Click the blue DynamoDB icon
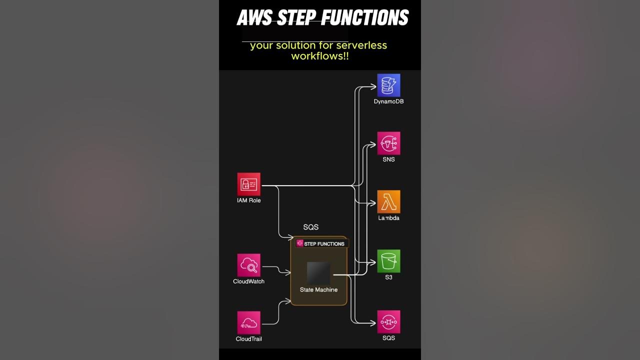click(388, 85)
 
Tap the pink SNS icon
click(388, 143)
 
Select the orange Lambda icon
click(388, 202)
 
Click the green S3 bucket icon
click(388, 261)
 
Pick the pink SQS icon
click(388, 322)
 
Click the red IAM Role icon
click(248, 184)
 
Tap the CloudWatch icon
click(248, 265)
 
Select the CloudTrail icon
click(248, 323)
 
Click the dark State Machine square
click(318, 273)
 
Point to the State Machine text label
click(318, 290)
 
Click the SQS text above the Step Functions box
click(310, 227)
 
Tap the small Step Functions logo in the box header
click(300, 243)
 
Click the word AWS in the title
click(254, 18)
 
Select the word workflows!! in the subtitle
click(319, 56)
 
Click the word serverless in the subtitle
click(361, 45)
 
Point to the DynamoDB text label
click(388, 101)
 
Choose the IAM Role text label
click(248, 200)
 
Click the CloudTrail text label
click(248, 339)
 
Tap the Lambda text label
click(388, 218)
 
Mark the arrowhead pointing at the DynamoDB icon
click(373, 86)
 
